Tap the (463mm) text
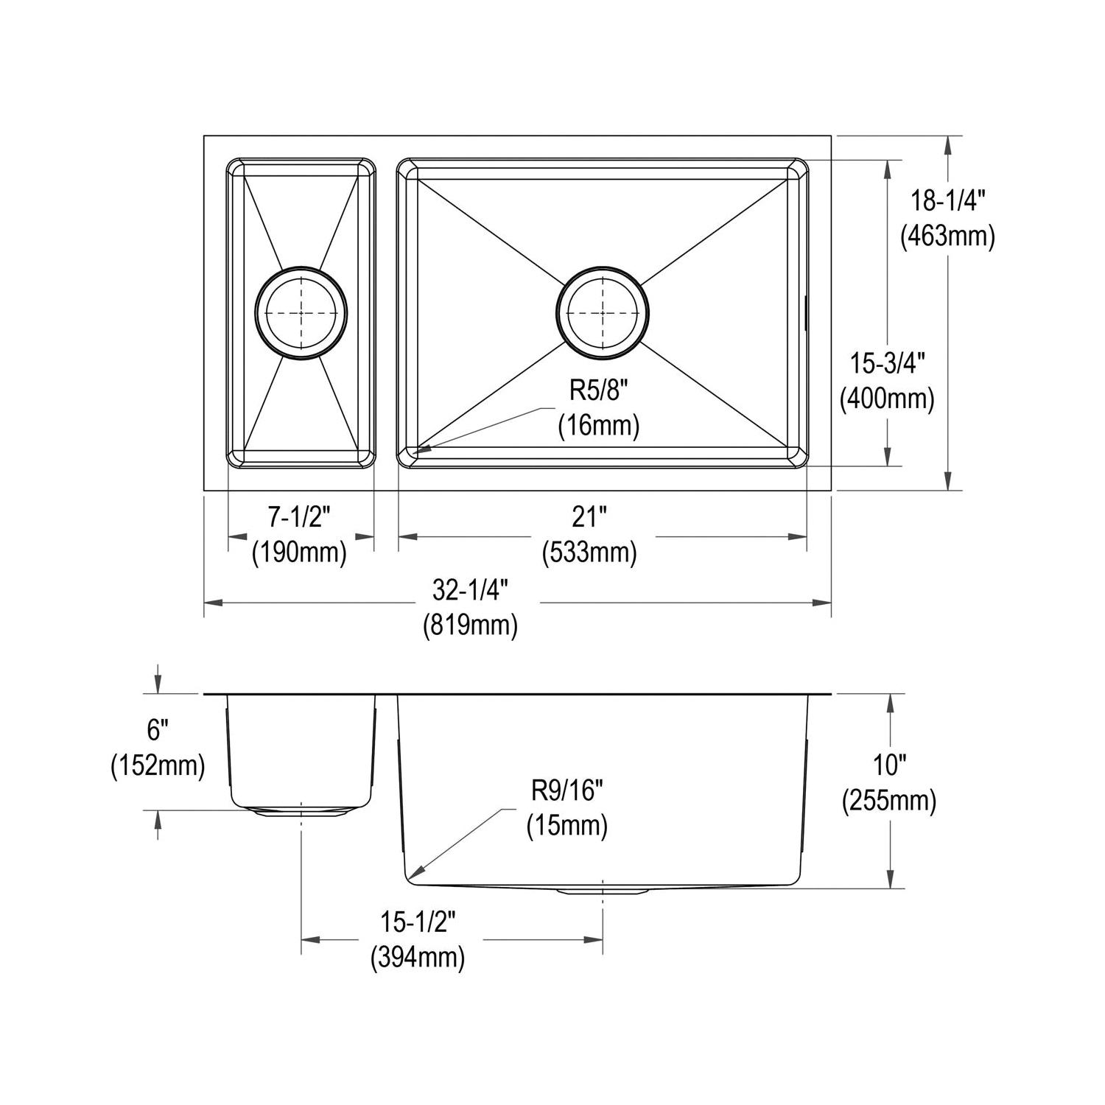(x=948, y=236)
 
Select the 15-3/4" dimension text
(x=888, y=363)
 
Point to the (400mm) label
(x=888, y=399)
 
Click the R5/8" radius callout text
(x=598, y=390)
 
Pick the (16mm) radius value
(x=598, y=426)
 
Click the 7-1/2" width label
(x=300, y=518)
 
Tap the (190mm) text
(x=300, y=552)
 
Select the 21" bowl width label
(x=589, y=518)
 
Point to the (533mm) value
(x=589, y=552)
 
